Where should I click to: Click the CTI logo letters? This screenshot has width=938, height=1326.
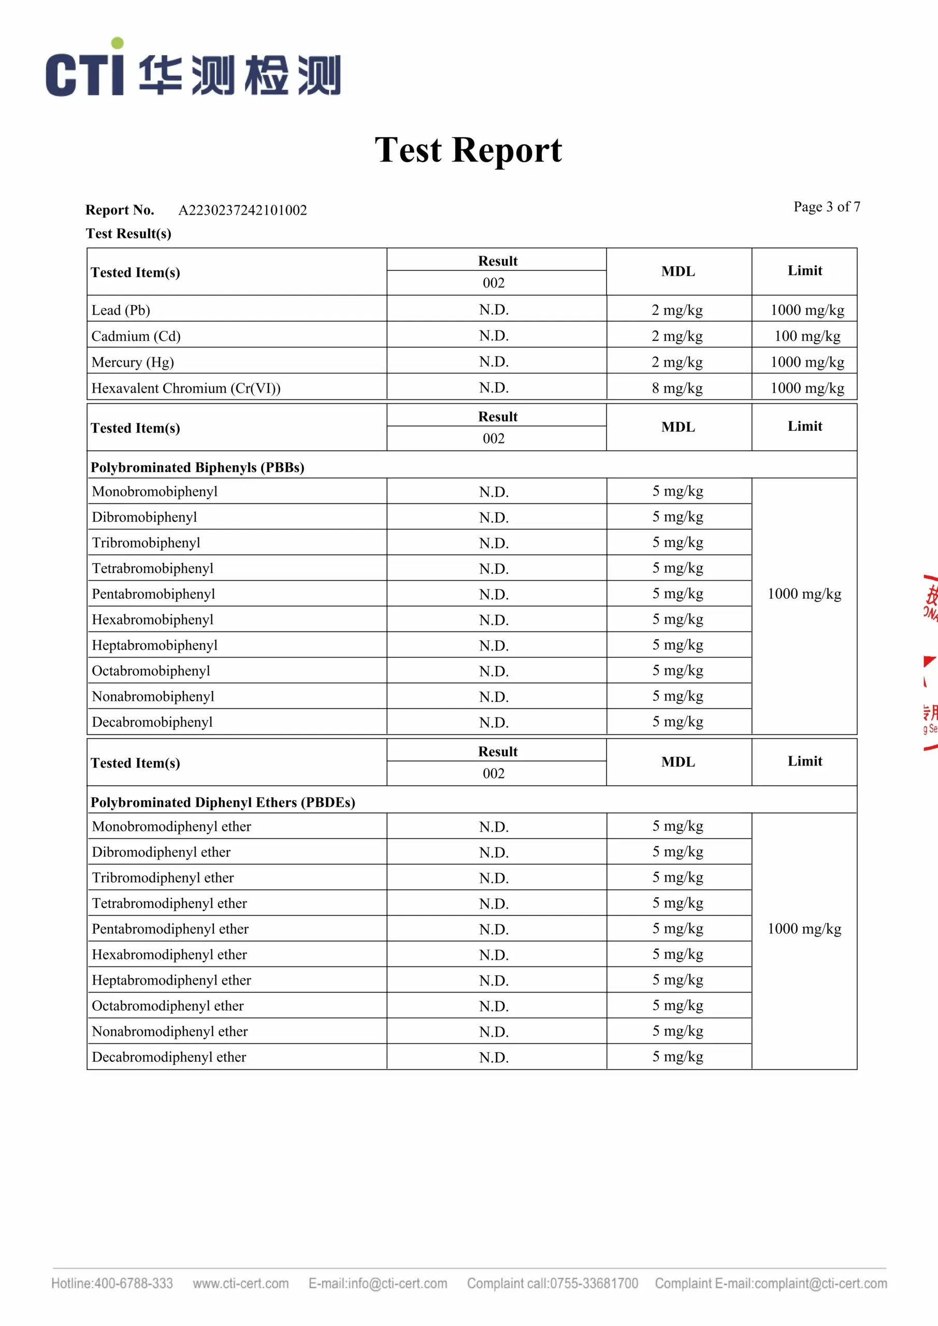pyautogui.click(x=85, y=74)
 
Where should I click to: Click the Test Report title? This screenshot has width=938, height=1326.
pyautogui.click(x=468, y=150)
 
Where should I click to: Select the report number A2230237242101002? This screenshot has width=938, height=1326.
pyautogui.click(x=242, y=210)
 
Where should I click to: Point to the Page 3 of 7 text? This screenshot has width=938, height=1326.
pyautogui.click(x=827, y=207)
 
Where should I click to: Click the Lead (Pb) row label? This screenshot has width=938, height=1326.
pyautogui.click(x=121, y=310)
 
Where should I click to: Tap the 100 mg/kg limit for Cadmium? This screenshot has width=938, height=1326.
pyautogui.click(x=807, y=336)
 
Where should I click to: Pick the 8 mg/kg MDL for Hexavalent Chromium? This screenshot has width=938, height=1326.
pyautogui.click(x=677, y=388)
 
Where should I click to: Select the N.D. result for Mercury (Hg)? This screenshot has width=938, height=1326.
pyautogui.click(x=494, y=362)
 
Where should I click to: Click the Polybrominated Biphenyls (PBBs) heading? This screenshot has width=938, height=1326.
pyautogui.click(x=197, y=467)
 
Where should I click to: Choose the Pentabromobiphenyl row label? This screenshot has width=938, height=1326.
pyautogui.click(x=153, y=594)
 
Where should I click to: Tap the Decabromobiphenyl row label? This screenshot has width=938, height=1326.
pyautogui.click(x=152, y=722)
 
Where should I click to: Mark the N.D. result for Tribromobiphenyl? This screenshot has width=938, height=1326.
pyautogui.click(x=494, y=543)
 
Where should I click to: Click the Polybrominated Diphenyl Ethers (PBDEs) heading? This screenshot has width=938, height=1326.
pyautogui.click(x=223, y=802)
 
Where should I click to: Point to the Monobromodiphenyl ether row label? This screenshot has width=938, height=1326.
pyautogui.click(x=171, y=827)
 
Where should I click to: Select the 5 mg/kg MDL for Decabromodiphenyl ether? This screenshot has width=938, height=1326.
pyautogui.click(x=677, y=1056)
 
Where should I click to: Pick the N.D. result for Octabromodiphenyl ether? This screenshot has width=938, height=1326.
pyautogui.click(x=494, y=1006)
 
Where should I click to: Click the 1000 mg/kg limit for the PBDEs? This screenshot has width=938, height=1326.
pyautogui.click(x=804, y=929)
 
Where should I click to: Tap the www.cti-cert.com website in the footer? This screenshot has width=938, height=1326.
pyautogui.click(x=241, y=1283)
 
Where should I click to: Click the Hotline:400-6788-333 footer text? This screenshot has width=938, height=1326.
pyautogui.click(x=112, y=1283)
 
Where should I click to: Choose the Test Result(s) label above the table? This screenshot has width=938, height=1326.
pyautogui.click(x=128, y=233)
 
